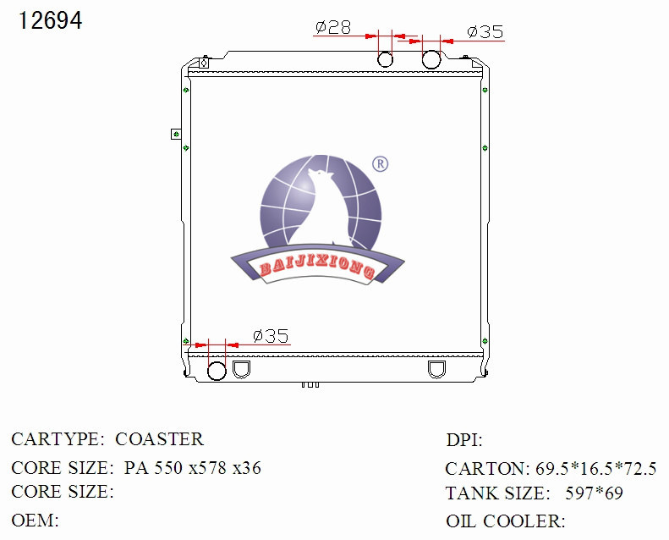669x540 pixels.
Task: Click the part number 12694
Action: point(51,21)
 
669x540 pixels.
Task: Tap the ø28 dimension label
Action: point(332,28)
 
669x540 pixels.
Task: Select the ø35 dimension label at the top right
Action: point(485,32)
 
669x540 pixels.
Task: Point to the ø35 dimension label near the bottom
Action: point(271,336)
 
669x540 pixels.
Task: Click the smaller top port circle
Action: point(385,59)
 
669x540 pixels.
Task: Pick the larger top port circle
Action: point(431,59)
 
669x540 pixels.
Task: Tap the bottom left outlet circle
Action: point(217,370)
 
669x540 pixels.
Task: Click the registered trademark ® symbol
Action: point(380,164)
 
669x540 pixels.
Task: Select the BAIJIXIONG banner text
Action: point(317,269)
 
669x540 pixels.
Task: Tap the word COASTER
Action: point(159,439)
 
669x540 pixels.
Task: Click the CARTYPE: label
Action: point(58,439)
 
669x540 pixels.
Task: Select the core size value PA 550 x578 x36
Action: point(192,467)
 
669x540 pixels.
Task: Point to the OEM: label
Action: point(35,520)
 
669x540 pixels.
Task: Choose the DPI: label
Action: point(464,440)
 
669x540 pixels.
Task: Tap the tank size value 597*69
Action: point(594,493)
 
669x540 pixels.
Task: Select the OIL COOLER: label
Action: point(505,521)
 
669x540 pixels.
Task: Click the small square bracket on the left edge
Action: point(176,134)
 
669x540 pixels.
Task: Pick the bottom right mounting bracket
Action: point(437,369)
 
